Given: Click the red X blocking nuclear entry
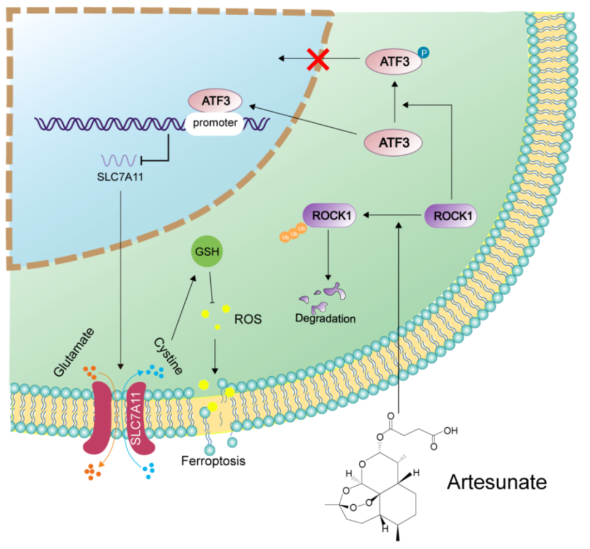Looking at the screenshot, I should pyautogui.click(x=318, y=58).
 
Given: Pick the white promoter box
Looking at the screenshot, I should pyautogui.click(x=215, y=123).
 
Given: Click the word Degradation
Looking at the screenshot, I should pyautogui.click(x=325, y=319).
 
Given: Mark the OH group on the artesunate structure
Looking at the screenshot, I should pyautogui.click(x=450, y=430).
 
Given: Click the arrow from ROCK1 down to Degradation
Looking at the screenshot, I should pyautogui.click(x=328, y=253).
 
